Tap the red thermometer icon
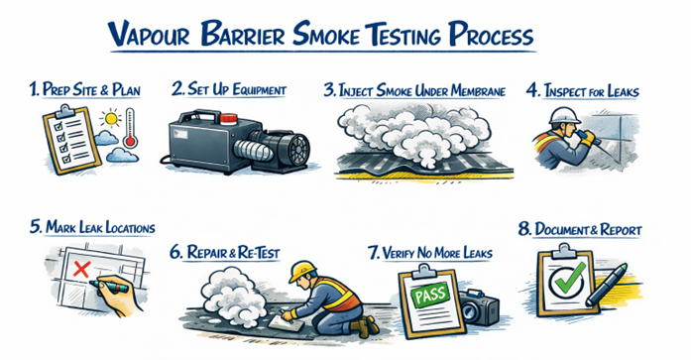pos(130,128)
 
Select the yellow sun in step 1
pos(110,118)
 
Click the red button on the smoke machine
pos(228,119)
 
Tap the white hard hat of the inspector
pos(564,115)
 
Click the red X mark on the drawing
pos(81,269)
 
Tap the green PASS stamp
pos(429,295)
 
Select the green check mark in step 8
pos(568,279)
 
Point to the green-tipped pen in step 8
pos(606,285)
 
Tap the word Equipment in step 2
pos(259,89)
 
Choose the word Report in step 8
pos(621,229)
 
